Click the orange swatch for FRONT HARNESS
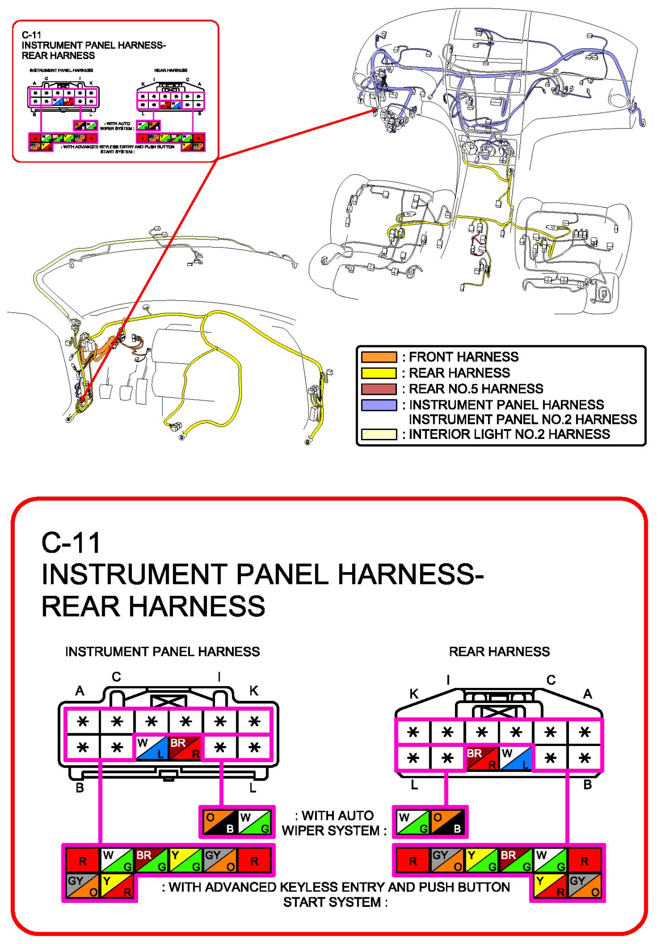coord(378,357)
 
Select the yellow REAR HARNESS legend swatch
coord(378,373)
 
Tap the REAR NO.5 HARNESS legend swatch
coord(378,389)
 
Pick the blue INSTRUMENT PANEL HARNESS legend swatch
coord(378,405)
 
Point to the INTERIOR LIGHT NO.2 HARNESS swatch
coord(378,434)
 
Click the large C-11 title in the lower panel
coord(71,542)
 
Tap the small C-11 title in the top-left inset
coord(32,35)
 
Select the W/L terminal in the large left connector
coord(152,747)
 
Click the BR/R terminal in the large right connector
coord(482,757)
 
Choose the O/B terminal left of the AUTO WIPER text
coord(220,822)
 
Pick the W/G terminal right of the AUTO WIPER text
coord(412,822)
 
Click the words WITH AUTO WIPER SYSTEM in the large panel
coord(334,823)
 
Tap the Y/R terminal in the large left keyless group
coord(117,886)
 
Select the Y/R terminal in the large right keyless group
coord(549,886)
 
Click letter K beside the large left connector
coord(254,691)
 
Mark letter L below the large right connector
coord(414,785)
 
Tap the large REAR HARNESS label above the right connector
coord(499,652)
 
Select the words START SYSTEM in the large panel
coord(335,902)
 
